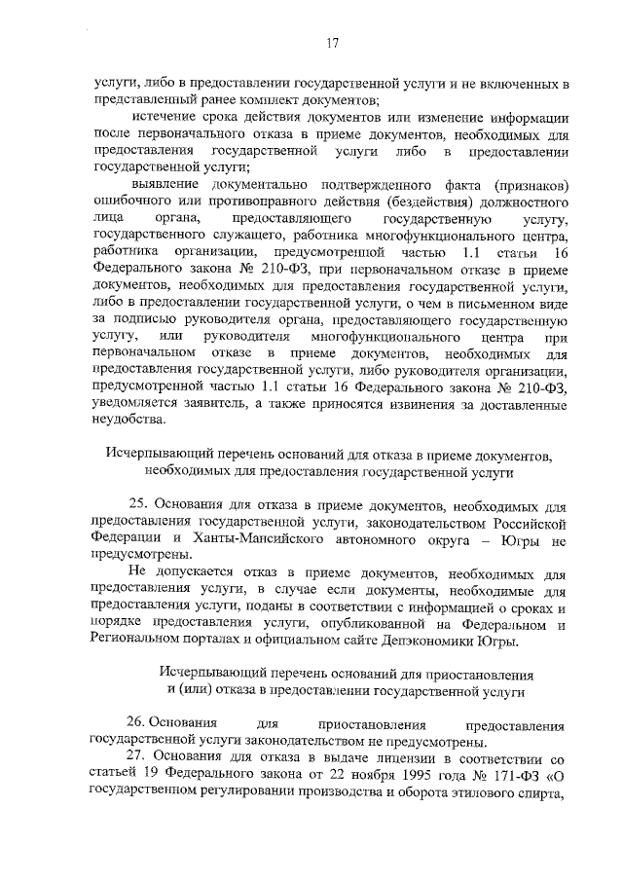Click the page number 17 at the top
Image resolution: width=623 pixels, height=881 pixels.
(x=332, y=42)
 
